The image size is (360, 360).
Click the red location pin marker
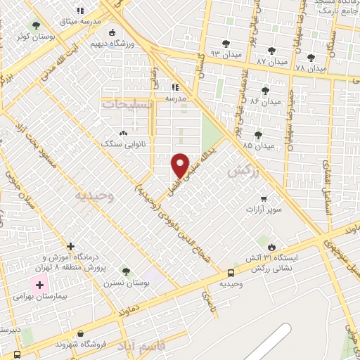(181, 165)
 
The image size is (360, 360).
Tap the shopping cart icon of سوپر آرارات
(263, 199)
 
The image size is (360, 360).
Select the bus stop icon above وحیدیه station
(231, 274)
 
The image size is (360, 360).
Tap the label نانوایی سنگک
(124, 143)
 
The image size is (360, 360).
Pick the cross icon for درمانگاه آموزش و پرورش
(70, 246)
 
